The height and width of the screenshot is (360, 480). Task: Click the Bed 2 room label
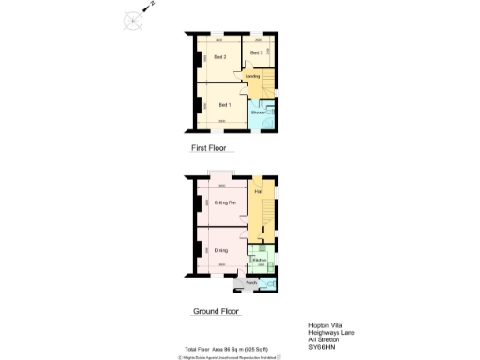[219, 58]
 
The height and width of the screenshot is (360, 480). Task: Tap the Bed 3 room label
[255, 52]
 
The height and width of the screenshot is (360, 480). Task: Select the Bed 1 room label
[224, 105]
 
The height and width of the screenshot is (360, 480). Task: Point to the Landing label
[252, 77]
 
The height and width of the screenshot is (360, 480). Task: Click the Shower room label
[258, 112]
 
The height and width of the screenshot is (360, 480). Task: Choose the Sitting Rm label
[225, 202]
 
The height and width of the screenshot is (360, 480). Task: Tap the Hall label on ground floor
[257, 192]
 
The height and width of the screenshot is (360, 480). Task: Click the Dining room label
[221, 250]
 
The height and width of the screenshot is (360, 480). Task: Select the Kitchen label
[258, 260]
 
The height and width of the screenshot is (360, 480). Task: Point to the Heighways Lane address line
[329, 333]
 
